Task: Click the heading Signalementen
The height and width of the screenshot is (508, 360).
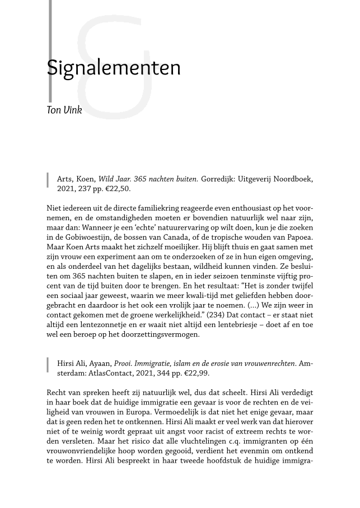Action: click(x=114, y=68)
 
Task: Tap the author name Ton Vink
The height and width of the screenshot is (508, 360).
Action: click(x=64, y=110)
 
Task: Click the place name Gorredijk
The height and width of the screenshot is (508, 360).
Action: click(x=222, y=179)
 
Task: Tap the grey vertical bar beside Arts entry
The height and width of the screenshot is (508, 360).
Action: click(x=49, y=181)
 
